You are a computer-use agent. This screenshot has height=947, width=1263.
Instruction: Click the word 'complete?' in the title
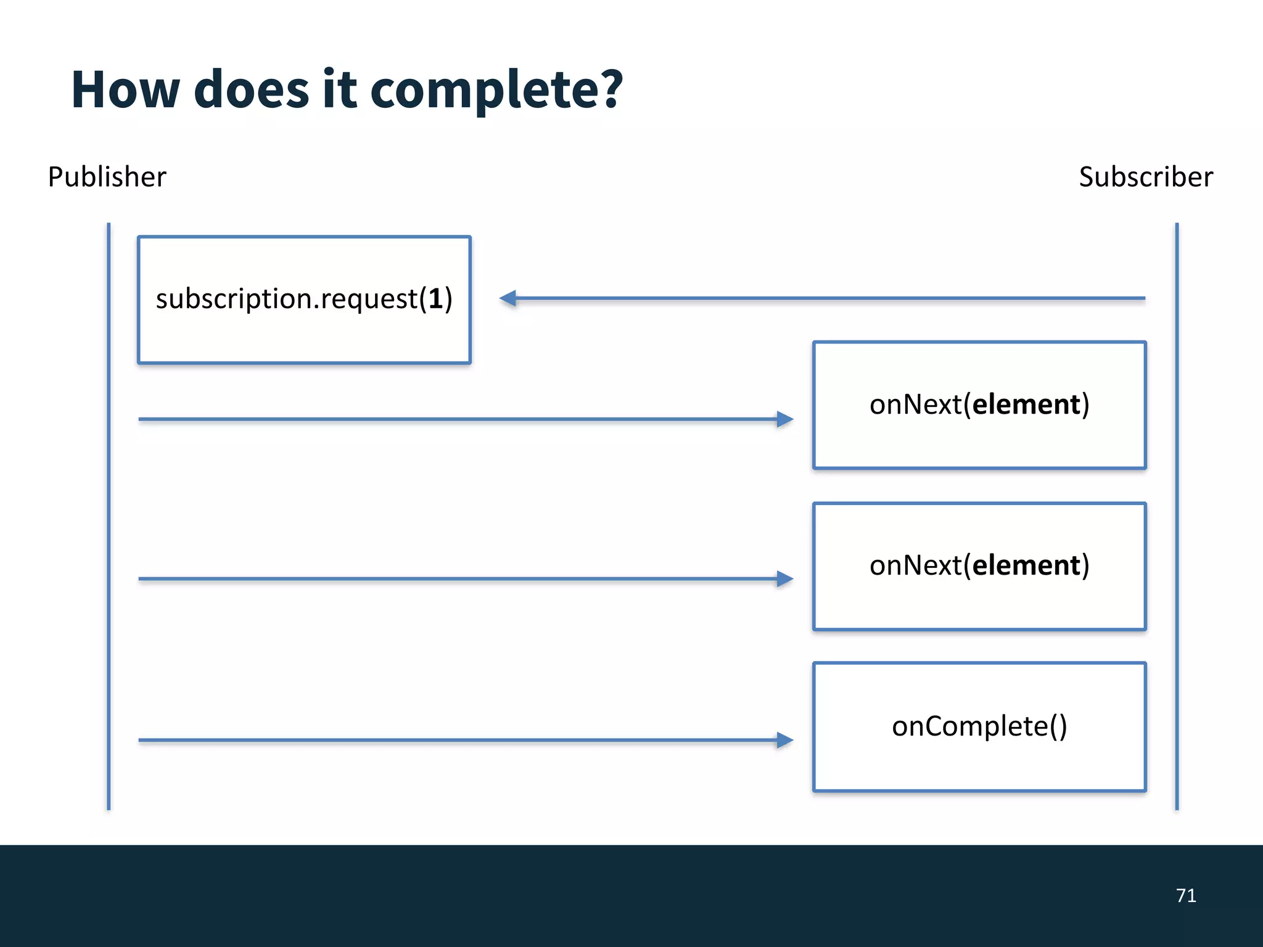click(x=496, y=91)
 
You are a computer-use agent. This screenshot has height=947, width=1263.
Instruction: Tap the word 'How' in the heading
click(x=125, y=90)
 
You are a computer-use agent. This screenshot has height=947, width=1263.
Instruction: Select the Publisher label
click(x=107, y=177)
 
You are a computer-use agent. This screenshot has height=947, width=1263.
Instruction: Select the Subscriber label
click(x=1145, y=177)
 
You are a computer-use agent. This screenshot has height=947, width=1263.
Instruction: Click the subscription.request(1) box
click(x=304, y=300)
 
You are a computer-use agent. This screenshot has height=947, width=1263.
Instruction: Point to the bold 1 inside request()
click(x=435, y=299)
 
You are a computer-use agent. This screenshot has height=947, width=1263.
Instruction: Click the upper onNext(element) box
click(x=979, y=405)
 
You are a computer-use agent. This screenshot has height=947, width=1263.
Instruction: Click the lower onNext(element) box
click(x=979, y=566)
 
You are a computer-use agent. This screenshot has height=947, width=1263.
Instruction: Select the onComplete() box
click(x=979, y=726)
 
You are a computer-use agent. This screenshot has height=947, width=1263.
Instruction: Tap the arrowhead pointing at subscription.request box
click(x=508, y=298)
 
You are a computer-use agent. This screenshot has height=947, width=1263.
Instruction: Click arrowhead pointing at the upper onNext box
click(x=784, y=419)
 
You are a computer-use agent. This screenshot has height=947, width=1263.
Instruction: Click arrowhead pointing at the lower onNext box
click(x=784, y=579)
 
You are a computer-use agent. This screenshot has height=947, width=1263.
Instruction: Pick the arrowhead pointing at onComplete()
click(x=784, y=740)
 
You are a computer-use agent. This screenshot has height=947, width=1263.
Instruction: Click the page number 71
click(x=1185, y=895)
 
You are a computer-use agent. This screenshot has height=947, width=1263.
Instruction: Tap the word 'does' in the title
click(x=251, y=90)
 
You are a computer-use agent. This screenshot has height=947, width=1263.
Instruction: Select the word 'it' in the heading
click(x=339, y=90)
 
